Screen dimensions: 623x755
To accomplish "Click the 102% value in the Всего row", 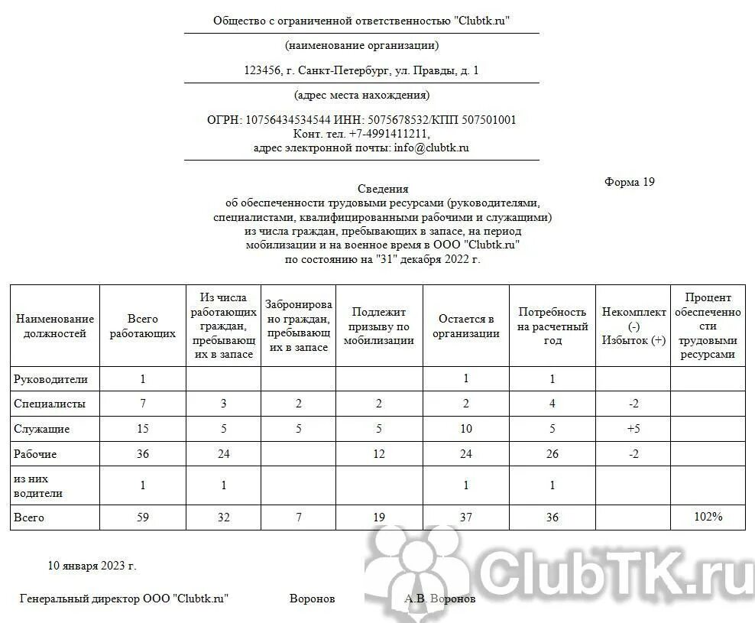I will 708,518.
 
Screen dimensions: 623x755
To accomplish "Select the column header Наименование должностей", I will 55,326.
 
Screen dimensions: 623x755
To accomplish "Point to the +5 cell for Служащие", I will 633,429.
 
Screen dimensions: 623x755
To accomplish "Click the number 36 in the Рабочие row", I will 143,454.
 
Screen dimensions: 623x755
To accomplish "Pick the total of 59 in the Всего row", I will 143,518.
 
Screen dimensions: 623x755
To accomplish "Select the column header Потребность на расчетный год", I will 552,326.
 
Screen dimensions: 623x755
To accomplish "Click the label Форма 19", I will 629,182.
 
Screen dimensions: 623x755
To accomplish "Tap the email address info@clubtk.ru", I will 431,148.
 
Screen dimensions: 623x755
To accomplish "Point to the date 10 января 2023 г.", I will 92,566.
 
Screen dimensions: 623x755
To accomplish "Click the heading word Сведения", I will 383,189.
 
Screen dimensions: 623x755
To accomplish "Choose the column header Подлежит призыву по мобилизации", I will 379,326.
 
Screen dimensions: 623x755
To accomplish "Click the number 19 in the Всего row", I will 379,518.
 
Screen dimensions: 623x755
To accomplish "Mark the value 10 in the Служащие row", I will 466,429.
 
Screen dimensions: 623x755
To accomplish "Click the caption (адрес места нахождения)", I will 361,96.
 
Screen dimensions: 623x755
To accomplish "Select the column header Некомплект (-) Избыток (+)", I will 633,326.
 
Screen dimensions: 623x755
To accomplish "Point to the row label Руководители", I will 51,379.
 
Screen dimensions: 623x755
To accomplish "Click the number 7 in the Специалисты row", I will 143,404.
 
